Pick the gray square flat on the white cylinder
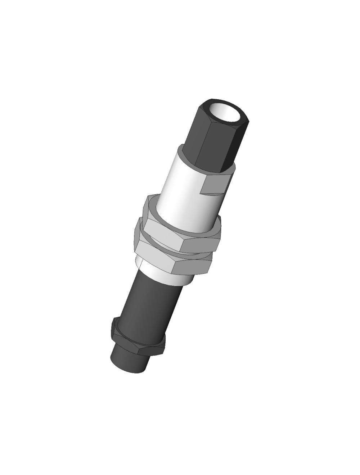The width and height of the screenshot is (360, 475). click(215, 185)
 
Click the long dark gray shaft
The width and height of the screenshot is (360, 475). click(148, 309)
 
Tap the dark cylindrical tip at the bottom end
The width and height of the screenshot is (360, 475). click(128, 360)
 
